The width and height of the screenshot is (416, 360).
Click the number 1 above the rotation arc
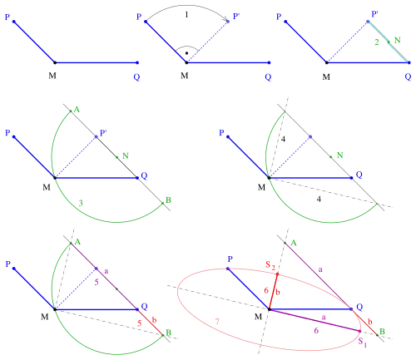[186, 15]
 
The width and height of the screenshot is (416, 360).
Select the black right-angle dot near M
[186, 53]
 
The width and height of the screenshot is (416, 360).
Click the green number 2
[377, 42]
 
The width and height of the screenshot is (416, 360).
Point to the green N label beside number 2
[398, 40]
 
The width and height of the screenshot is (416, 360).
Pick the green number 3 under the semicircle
[81, 203]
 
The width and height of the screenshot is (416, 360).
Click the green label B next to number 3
[168, 200]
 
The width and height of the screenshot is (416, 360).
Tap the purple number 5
[97, 283]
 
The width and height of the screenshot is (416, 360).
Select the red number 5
[140, 323]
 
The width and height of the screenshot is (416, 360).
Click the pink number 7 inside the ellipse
[217, 322]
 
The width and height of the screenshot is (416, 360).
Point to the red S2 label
[270, 265]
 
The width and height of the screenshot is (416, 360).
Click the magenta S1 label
[363, 342]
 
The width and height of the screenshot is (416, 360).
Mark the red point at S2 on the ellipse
[277, 274]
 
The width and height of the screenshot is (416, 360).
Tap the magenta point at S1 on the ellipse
[359, 331]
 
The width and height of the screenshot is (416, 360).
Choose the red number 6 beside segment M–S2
[266, 290]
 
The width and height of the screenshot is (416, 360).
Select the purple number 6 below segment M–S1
[316, 330]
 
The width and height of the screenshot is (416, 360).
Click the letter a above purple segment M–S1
[324, 318]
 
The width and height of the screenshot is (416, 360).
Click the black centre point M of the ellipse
[269, 309]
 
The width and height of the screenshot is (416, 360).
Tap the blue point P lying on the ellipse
[228, 269]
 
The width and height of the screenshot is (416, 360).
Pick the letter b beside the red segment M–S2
[278, 292]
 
